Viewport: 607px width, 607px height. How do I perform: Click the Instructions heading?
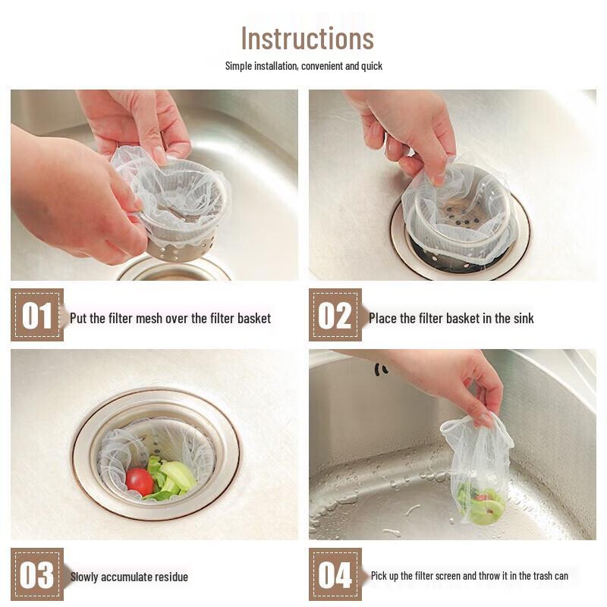(307, 38)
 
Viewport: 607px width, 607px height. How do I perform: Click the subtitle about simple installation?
(303, 66)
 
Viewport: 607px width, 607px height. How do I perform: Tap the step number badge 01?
(37, 315)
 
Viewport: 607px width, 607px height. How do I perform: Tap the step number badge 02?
(335, 315)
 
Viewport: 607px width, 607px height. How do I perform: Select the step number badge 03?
(37, 574)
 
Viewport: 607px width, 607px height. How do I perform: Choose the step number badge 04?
(335, 574)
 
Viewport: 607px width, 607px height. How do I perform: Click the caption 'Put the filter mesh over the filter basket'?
(170, 318)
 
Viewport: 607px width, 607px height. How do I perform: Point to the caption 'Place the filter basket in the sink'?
(451, 318)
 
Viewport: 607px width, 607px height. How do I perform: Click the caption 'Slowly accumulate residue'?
(129, 577)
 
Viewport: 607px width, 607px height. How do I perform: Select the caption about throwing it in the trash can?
(469, 576)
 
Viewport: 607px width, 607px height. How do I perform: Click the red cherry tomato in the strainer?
(139, 482)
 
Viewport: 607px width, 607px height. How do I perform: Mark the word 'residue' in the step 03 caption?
(170, 577)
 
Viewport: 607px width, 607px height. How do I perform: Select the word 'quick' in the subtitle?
(372, 66)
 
